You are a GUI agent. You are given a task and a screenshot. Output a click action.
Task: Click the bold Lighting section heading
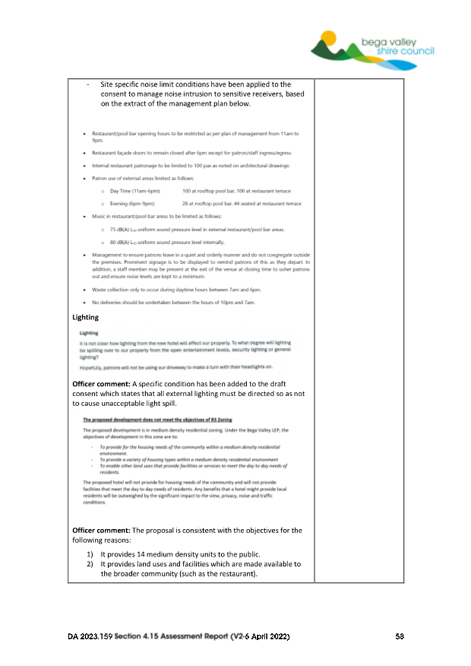[x=86, y=318]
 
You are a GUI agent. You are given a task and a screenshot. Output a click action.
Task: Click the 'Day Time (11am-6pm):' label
[x=135, y=191]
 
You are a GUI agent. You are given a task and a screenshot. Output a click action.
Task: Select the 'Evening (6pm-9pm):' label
[x=135, y=203]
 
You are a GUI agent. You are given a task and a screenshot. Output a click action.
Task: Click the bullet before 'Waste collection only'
[x=84, y=289]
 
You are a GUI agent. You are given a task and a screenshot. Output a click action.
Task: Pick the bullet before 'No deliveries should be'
[x=84, y=302]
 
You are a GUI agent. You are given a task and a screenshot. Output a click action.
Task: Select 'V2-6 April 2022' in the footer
[x=255, y=637]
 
